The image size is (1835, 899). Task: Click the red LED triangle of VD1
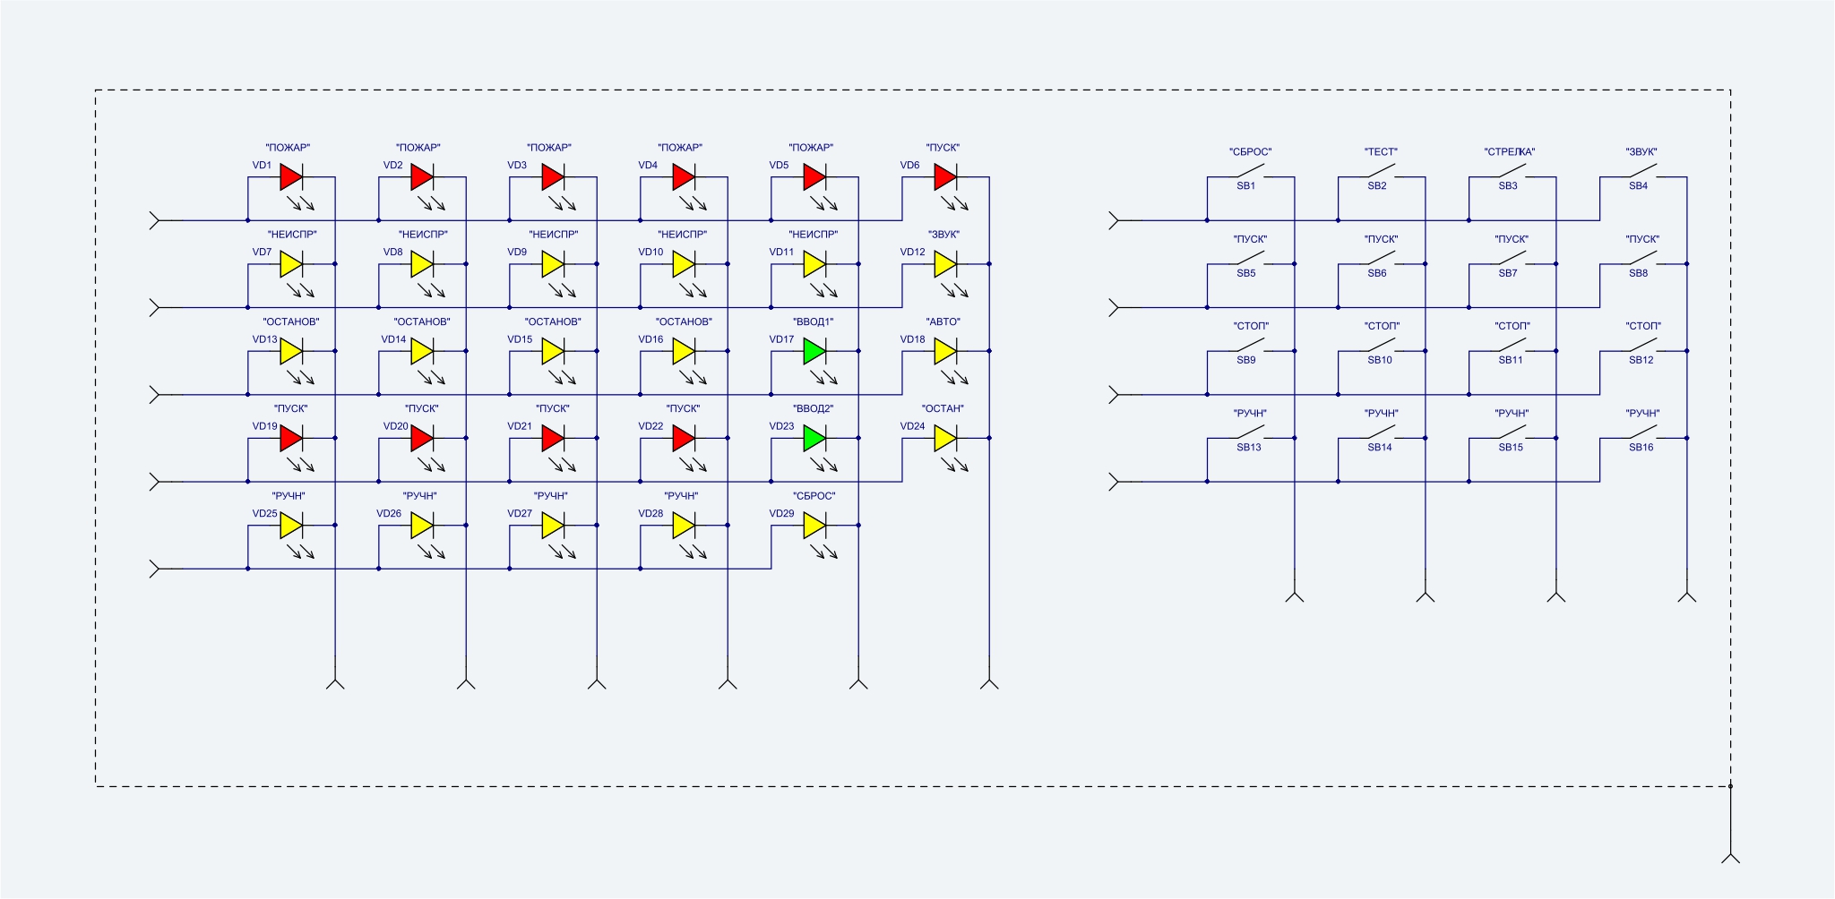click(x=290, y=177)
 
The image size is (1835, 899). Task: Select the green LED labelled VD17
click(x=814, y=351)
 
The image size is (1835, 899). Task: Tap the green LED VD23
click(x=814, y=438)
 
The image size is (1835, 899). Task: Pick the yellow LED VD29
click(x=814, y=526)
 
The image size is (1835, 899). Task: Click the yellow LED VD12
click(x=944, y=264)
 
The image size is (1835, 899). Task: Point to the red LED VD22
click(x=683, y=438)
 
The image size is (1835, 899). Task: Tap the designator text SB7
click(x=1508, y=273)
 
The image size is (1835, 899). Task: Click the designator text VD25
click(x=264, y=514)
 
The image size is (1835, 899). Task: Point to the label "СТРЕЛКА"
click(x=1510, y=152)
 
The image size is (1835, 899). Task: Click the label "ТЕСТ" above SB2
click(x=1381, y=152)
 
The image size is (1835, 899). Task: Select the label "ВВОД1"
click(x=813, y=321)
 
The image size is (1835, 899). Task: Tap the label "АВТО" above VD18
click(x=943, y=321)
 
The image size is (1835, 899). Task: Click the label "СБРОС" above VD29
click(x=814, y=496)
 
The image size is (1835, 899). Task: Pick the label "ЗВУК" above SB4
click(x=1641, y=152)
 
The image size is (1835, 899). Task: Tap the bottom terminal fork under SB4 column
click(x=1687, y=595)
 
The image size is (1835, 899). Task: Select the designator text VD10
click(x=650, y=253)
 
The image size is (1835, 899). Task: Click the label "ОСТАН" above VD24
click(x=943, y=409)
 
